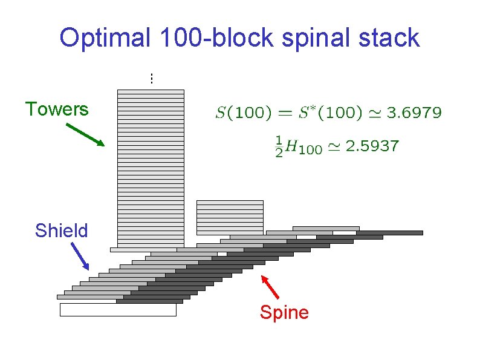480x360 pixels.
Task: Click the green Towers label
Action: pos(57,110)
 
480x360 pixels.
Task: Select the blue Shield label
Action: pos(61,231)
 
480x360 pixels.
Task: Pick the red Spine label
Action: pos(284,312)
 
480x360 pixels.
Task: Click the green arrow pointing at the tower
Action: pos(85,135)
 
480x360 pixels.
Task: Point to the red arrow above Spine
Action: pos(271,288)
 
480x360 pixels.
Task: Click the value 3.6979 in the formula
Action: pos(414,113)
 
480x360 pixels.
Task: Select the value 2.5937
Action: pos(372,146)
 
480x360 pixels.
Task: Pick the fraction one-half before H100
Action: pos(279,146)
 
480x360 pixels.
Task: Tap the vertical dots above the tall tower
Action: pos(151,78)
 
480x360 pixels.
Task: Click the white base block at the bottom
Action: pos(118,310)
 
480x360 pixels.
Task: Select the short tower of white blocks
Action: pos(230,217)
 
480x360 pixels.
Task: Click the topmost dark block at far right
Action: pos(389,232)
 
